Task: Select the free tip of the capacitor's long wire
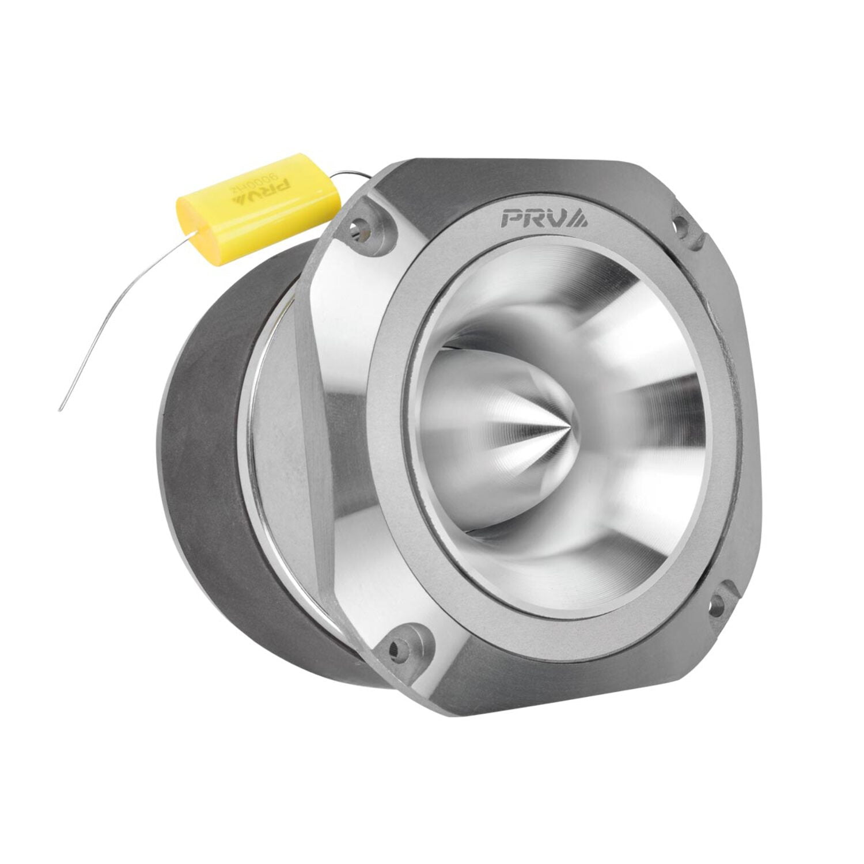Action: coord(60,410)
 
